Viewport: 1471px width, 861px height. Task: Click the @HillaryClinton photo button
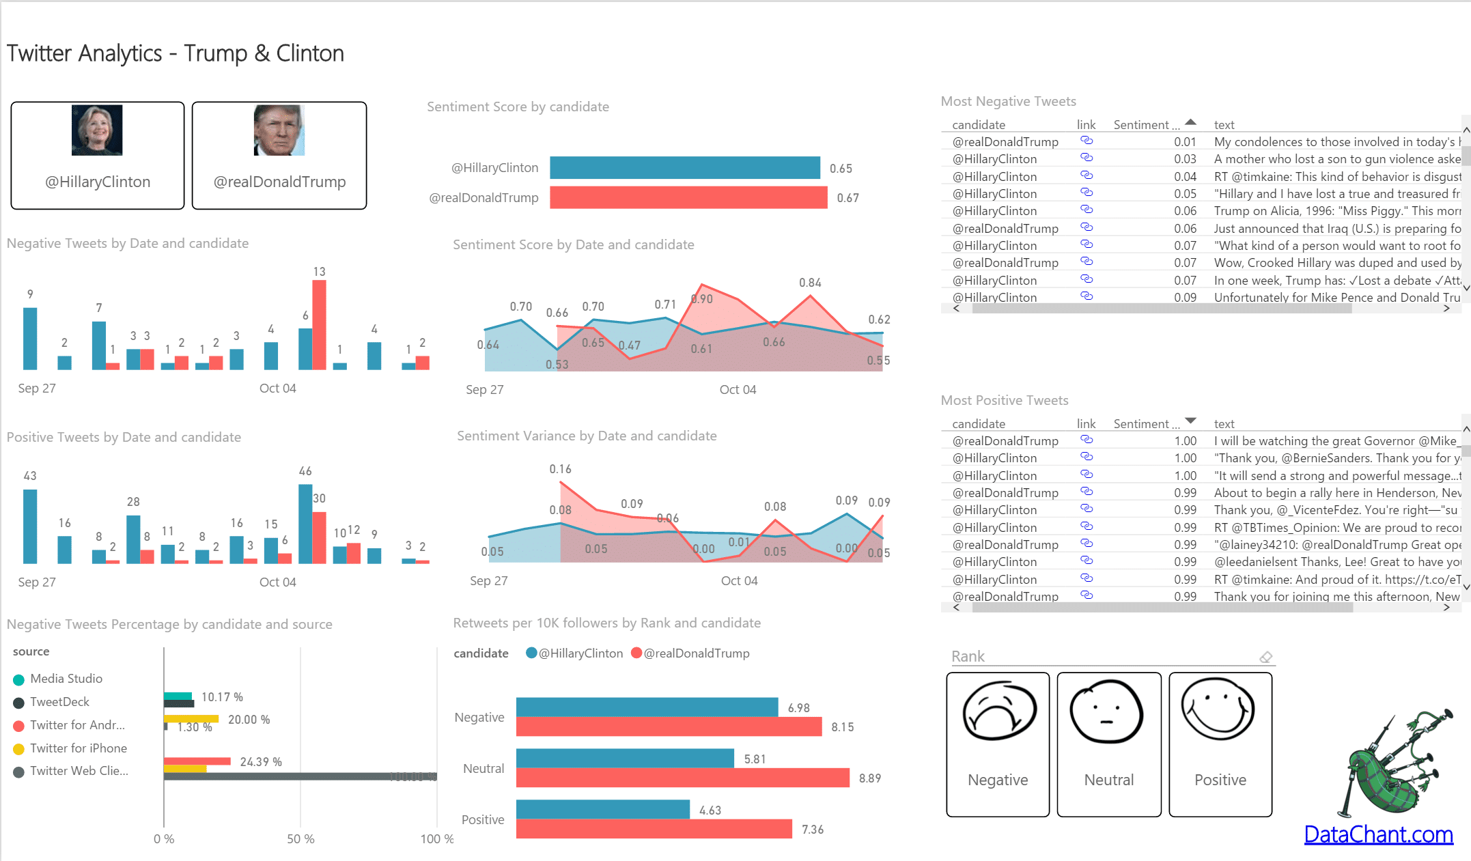coord(98,155)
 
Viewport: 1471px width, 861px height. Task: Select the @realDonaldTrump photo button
coord(279,155)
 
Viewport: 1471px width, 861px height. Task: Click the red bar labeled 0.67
coord(688,198)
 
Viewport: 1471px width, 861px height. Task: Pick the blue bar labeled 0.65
coord(684,168)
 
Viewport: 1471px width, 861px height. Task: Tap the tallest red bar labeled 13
coord(319,325)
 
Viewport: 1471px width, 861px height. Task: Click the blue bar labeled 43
coord(30,526)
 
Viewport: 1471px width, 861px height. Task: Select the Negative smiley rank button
coord(998,744)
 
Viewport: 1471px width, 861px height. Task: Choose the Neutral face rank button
coord(1109,744)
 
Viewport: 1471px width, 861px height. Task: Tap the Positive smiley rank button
coord(1220,744)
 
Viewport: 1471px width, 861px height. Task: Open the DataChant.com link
coord(1378,834)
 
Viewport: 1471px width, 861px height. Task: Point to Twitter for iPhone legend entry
coord(78,748)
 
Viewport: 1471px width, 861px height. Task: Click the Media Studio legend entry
coord(66,679)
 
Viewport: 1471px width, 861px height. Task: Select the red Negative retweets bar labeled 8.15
coord(669,727)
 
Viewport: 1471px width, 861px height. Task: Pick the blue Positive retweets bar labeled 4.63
coord(603,810)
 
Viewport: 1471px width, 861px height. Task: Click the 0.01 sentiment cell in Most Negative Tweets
coord(1185,142)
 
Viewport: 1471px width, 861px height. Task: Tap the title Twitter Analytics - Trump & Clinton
coord(176,53)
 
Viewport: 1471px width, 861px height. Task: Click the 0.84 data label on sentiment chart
coord(810,283)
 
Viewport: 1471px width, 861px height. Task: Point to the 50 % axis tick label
coord(300,839)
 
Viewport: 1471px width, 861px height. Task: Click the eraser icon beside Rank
coord(1265,657)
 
